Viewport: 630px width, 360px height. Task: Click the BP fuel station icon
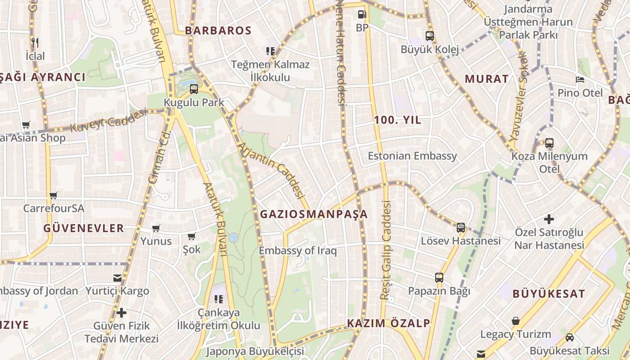[x=362, y=14]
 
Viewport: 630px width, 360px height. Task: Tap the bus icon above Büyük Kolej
[x=430, y=36]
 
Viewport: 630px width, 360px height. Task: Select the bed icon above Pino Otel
[x=580, y=80]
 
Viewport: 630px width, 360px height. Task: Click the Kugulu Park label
[x=193, y=103]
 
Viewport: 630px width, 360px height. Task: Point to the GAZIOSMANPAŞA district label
[x=314, y=214]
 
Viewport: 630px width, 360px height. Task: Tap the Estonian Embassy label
[x=412, y=156]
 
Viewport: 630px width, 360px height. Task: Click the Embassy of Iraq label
[x=297, y=251]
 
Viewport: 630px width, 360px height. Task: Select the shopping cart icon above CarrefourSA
[x=54, y=195]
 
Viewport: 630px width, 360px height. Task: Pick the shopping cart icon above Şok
[x=191, y=236]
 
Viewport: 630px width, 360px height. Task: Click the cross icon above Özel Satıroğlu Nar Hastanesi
[x=549, y=219]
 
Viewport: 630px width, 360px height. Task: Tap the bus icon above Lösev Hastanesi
[x=461, y=228]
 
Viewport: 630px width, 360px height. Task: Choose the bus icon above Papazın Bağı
[x=439, y=278]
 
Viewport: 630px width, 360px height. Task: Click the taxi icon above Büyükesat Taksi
[x=570, y=337]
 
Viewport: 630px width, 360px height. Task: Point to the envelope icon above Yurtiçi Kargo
[x=117, y=278]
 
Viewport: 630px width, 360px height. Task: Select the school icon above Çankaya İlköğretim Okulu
[x=219, y=299]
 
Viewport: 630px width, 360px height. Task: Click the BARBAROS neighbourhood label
[x=218, y=31]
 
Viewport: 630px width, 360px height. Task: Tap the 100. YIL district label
[x=397, y=120]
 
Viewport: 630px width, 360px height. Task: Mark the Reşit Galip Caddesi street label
[x=386, y=250]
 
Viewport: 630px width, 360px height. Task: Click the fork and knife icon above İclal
[x=35, y=43]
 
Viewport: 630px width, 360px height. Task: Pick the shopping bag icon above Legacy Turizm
[x=516, y=321]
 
